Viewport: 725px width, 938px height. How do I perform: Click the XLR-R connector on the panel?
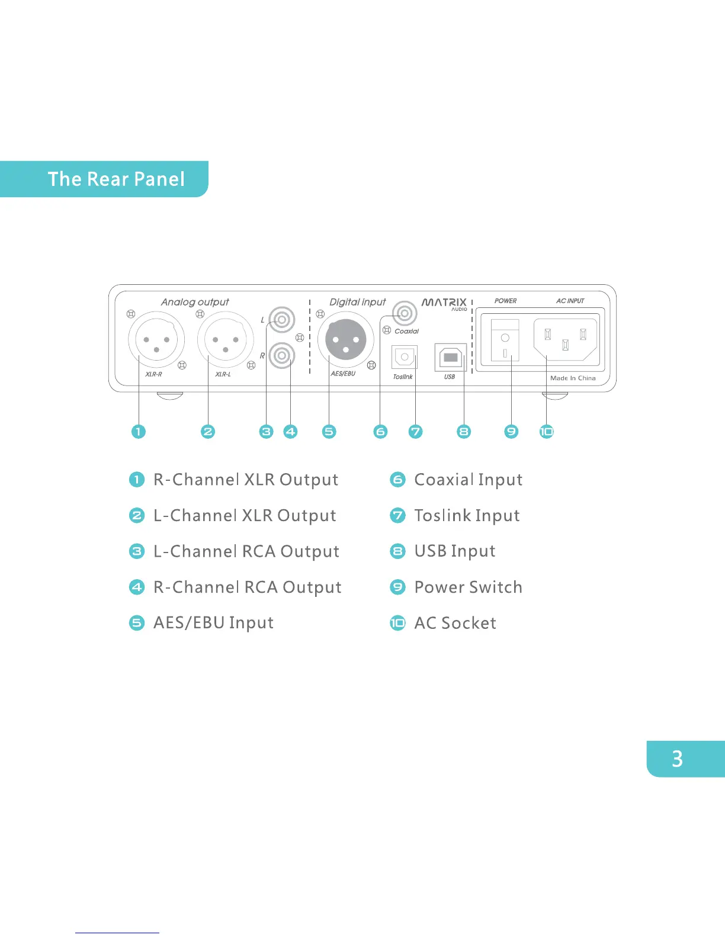point(156,340)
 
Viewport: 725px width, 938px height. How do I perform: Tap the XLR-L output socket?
point(225,340)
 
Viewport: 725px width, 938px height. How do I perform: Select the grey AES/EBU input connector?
point(346,340)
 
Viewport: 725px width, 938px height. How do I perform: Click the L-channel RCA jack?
point(282,320)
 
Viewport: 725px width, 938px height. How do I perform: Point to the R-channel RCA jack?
point(282,355)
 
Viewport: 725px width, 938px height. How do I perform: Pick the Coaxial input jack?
point(405,312)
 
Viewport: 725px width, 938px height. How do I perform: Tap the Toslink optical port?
point(405,357)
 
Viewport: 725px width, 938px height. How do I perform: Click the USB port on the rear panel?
point(450,357)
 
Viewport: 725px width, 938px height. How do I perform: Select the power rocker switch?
point(505,340)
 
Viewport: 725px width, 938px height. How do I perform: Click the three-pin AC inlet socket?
point(566,339)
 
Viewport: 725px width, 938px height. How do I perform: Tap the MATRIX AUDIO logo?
point(444,304)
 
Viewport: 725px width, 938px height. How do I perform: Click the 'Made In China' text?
point(573,378)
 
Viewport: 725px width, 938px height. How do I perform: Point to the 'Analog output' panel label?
point(195,302)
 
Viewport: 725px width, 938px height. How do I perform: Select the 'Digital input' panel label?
point(357,302)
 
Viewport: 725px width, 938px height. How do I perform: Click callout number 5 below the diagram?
point(329,432)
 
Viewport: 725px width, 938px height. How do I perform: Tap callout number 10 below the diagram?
point(546,432)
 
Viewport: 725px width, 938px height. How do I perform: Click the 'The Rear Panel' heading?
point(116,179)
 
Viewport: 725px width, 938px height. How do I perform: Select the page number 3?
point(677,759)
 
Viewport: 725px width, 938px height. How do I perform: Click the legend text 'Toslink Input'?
point(467,516)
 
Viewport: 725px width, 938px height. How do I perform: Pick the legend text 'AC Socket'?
point(455,623)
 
